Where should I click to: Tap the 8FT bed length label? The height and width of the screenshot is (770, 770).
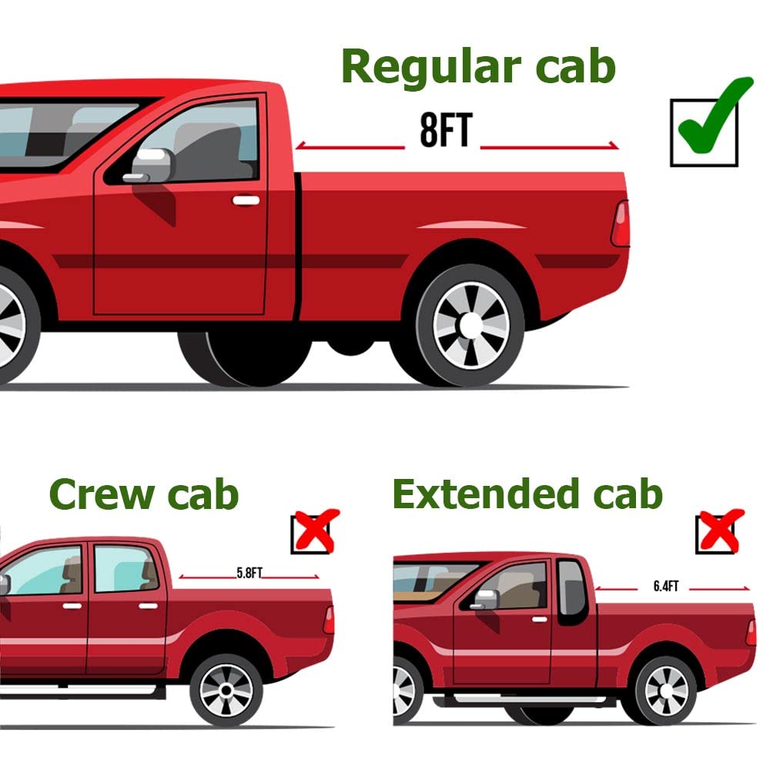[x=446, y=130]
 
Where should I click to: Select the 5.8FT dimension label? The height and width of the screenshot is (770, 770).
[x=249, y=573]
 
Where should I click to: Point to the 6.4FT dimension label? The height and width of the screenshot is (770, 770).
[x=666, y=586]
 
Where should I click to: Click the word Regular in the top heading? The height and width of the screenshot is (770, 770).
[x=430, y=68]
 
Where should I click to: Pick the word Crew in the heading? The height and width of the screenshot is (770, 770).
[x=102, y=494]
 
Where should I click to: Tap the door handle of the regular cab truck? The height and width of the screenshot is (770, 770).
[x=246, y=200]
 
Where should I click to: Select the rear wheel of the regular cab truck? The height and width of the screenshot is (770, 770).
[x=470, y=325]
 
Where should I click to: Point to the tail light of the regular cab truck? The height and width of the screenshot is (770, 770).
[x=620, y=224]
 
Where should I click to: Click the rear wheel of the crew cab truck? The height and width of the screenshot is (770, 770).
[x=226, y=691]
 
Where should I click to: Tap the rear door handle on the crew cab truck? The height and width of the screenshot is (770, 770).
[x=148, y=606]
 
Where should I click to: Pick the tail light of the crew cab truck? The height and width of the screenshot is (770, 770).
[x=329, y=620]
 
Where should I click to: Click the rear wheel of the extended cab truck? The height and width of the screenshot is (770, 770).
[x=666, y=691]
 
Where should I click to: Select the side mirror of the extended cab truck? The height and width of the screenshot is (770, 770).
[x=484, y=600]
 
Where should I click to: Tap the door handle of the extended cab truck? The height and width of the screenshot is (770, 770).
[x=540, y=620]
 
